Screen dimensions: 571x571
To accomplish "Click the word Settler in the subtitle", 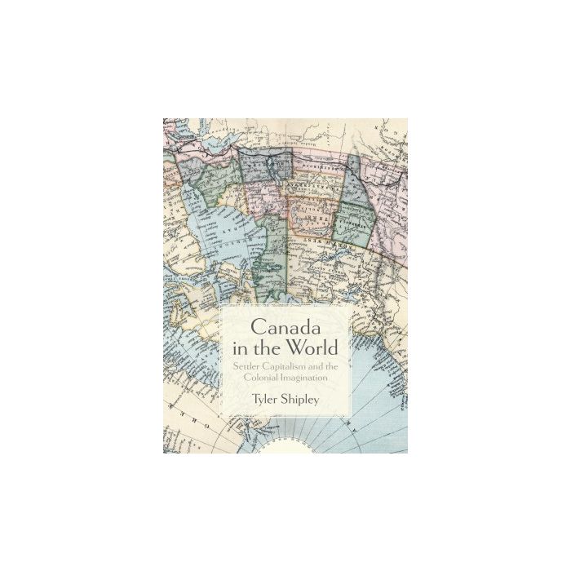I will pyautogui.click(x=241, y=365).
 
